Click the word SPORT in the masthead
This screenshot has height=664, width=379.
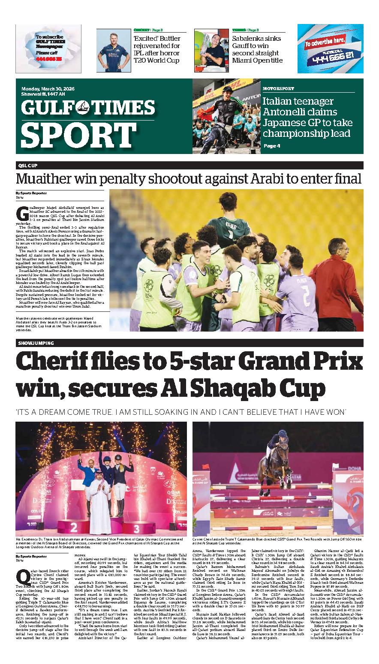tap(78, 135)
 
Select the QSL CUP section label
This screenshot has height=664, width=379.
tap(28, 166)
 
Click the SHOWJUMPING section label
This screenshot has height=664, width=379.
tap(36, 343)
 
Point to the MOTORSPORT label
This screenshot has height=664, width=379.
tap(279, 88)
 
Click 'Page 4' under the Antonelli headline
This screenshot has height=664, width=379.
tap(272, 146)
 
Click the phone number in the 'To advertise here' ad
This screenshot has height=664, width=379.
tap(329, 56)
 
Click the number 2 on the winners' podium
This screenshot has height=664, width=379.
tap(74, 526)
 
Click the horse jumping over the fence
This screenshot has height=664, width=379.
tap(273, 465)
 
